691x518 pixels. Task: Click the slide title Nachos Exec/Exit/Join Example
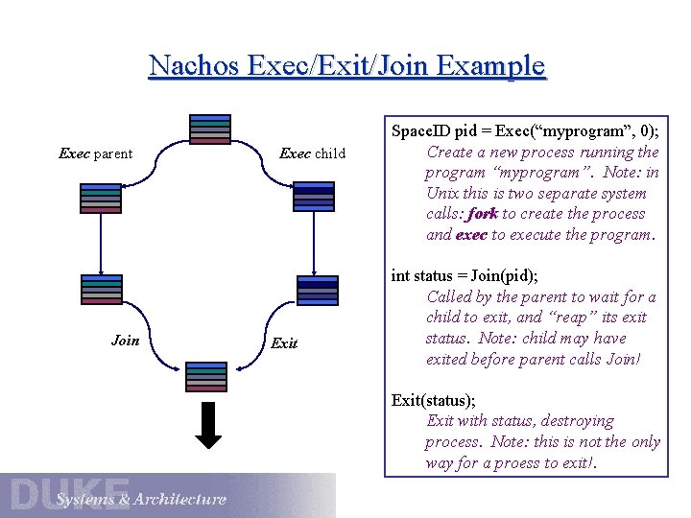click(x=346, y=66)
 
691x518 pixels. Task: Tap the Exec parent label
click(x=95, y=153)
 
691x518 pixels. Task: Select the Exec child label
click(x=312, y=153)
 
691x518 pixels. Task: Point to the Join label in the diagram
click(x=125, y=341)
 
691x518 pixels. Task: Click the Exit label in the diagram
click(x=284, y=342)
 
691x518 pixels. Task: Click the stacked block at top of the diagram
click(x=210, y=129)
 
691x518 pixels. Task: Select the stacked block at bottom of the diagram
click(x=205, y=377)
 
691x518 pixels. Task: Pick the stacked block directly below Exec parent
click(x=101, y=198)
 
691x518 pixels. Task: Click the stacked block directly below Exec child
click(x=313, y=196)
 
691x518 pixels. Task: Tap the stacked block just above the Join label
click(x=101, y=290)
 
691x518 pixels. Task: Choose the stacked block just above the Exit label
click(x=318, y=290)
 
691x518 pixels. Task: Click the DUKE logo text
click(x=69, y=493)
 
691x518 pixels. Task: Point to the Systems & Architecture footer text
click(x=140, y=499)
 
